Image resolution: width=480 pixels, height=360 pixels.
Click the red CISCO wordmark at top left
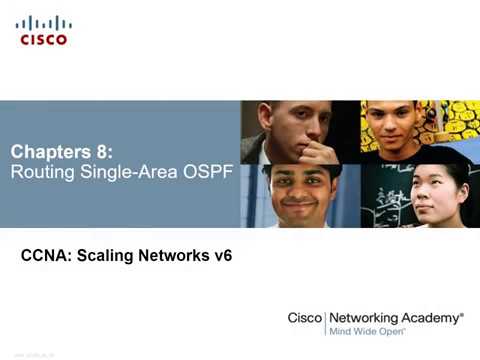[43, 39]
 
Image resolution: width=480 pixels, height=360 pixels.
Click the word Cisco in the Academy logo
[304, 317]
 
